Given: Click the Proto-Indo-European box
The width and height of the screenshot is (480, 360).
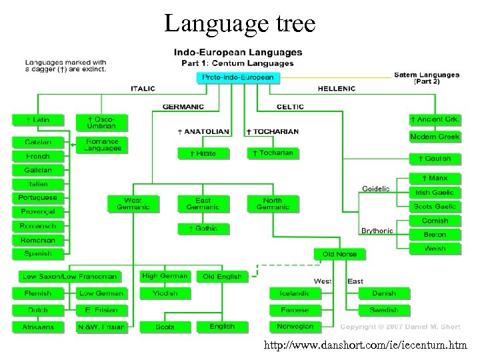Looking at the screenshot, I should click(x=238, y=77).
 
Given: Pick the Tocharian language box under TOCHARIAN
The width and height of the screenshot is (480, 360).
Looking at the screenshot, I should click(x=271, y=153).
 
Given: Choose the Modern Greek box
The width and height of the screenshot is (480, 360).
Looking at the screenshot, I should click(x=435, y=137).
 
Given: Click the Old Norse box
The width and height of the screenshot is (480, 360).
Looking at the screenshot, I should click(x=339, y=254).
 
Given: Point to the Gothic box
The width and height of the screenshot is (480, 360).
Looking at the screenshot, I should click(x=203, y=229).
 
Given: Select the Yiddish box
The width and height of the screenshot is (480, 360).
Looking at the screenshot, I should click(x=164, y=293).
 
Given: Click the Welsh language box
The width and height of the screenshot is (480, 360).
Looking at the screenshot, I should click(x=435, y=249).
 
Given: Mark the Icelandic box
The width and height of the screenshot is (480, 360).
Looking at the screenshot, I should click(x=292, y=293).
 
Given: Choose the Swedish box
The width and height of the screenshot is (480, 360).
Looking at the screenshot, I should click(x=383, y=310).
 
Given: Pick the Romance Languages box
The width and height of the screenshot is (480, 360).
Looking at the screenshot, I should click(x=102, y=145).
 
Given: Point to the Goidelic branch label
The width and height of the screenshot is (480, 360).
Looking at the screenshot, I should click(x=375, y=189).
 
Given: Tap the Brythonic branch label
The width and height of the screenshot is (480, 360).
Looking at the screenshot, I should click(x=377, y=231).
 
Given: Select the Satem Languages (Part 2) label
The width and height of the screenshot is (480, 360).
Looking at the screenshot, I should click(x=427, y=77).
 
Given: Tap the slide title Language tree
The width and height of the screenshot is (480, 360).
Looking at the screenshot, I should click(x=240, y=23).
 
